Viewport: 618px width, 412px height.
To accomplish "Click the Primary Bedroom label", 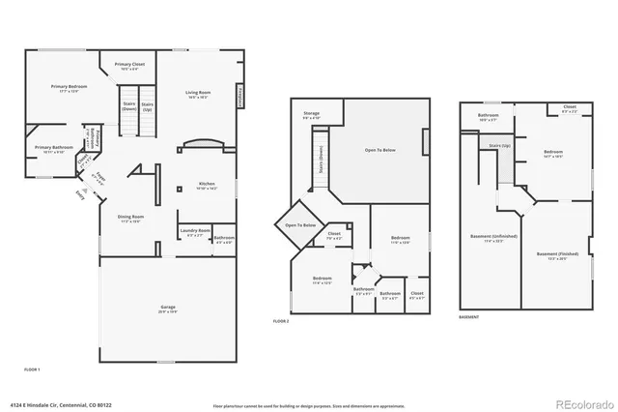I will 70,88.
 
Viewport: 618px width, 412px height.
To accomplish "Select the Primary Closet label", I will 129,65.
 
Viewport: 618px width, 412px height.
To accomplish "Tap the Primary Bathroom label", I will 50,148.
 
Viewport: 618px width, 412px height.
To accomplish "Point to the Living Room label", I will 198,94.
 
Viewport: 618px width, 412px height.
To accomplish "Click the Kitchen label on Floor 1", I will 207,184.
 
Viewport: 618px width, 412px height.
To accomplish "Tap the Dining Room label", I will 130,218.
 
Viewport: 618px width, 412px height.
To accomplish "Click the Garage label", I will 168,309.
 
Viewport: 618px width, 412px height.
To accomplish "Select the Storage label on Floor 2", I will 311,114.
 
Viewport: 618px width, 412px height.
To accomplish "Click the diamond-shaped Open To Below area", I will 300,224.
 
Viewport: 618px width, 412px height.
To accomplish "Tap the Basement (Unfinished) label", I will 500,237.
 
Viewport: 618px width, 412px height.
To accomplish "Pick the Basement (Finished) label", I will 554,256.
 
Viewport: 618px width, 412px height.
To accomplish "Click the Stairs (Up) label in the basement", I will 499,146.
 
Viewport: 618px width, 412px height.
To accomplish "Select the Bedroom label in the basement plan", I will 552,153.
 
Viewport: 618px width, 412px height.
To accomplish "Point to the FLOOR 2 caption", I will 282,320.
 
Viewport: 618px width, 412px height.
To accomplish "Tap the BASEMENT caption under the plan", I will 468,317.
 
